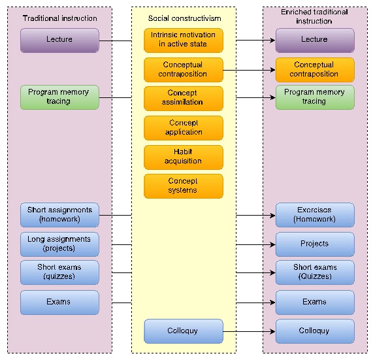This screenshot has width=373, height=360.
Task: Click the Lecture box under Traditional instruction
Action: click(59, 41)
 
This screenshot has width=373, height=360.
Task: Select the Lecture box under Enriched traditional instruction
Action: click(315, 41)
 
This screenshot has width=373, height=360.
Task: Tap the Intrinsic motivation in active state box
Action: click(184, 41)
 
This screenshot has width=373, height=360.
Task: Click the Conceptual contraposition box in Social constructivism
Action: click(184, 70)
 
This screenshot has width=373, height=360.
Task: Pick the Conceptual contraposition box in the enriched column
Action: click(315, 70)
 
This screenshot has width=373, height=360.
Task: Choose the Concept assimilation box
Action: click(184, 99)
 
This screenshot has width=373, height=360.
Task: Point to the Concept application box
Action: click(184, 128)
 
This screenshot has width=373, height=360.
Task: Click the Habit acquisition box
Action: click(184, 157)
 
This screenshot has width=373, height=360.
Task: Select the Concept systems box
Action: click(184, 186)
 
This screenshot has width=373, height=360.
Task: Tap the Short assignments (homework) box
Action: click(59, 215)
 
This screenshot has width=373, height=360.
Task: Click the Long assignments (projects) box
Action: click(59, 244)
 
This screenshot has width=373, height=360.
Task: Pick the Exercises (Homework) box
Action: click(315, 215)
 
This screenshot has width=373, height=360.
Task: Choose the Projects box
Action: click(315, 244)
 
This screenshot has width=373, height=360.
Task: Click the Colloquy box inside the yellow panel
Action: click(184, 331)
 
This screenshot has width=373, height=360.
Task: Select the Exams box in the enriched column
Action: click(315, 303)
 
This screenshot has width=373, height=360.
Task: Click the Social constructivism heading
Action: click(184, 18)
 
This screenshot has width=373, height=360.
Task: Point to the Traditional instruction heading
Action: click(59, 18)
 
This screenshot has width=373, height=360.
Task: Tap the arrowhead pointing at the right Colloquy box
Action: click(272, 331)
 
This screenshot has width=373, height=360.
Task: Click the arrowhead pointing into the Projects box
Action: click(272, 244)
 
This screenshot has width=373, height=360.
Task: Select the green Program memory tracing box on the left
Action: click(59, 97)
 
